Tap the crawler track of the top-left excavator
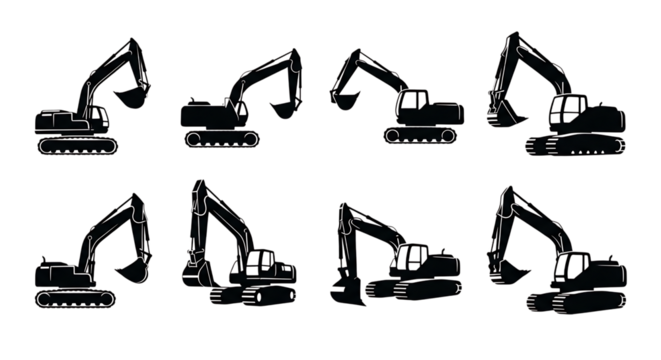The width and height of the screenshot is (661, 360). (x=76, y=146)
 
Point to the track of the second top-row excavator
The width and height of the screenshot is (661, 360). (x=219, y=137)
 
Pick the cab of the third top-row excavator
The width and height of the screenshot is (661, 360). (x=413, y=102)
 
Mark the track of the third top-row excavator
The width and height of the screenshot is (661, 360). (x=419, y=135)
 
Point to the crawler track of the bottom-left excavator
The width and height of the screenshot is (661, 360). (x=75, y=298)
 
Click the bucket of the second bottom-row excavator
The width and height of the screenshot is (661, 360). (x=197, y=271)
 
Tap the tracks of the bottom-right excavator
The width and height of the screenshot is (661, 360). (x=575, y=302)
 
